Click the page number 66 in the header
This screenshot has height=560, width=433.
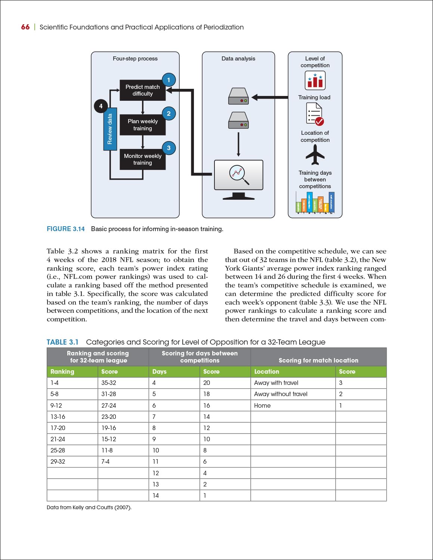pyautogui.click(x=25, y=27)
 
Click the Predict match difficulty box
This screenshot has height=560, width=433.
pyautogui.click(x=142, y=90)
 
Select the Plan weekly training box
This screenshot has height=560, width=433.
pyautogui.click(x=142, y=125)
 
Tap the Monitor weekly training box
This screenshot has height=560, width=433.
pyautogui.click(x=142, y=159)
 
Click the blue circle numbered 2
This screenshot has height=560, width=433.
pyautogui.click(x=168, y=113)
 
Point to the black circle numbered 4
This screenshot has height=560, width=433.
pyautogui.click(x=100, y=106)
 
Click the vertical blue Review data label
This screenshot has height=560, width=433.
pyautogui.click(x=110, y=129)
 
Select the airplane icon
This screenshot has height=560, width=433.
pyautogui.click(x=315, y=155)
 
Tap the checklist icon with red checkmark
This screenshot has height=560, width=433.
pyautogui.click(x=315, y=114)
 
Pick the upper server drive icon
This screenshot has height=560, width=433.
pyautogui.click(x=238, y=96)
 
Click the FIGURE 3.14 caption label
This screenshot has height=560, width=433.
pyautogui.click(x=66, y=229)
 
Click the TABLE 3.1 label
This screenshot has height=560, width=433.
pyautogui.click(x=62, y=342)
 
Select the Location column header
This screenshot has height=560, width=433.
pyautogui.click(x=266, y=371)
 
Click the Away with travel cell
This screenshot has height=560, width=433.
pyautogui.click(x=276, y=383)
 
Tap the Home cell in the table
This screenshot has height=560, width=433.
pyautogui.click(x=262, y=405)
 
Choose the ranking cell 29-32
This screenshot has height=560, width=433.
pyautogui.click(x=58, y=461)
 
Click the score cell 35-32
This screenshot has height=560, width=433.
pyautogui.click(x=109, y=383)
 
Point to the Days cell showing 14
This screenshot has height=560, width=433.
pyautogui.click(x=156, y=495)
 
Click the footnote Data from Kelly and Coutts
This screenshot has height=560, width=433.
pyautogui.click(x=89, y=507)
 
